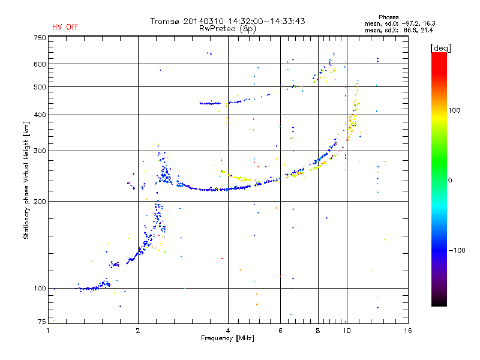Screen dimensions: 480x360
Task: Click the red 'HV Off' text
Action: [x=65, y=27]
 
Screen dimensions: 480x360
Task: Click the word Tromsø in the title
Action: [x=165, y=21]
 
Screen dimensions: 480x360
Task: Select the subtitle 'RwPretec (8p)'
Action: [x=227, y=29]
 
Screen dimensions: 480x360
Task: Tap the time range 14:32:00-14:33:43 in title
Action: [x=266, y=21]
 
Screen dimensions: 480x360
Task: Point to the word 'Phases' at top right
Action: [x=388, y=17]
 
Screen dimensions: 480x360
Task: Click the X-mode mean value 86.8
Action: [x=412, y=31]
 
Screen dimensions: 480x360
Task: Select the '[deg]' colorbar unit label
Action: [x=440, y=49]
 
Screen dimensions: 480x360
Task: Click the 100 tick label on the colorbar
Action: [x=454, y=110]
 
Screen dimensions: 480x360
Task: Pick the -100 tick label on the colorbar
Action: [x=457, y=250]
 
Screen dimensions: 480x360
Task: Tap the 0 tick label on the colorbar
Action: [x=450, y=181]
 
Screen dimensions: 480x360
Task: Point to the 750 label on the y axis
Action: [x=40, y=38]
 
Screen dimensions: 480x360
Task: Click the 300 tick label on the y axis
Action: [x=40, y=151]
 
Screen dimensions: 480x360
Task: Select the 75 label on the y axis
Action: [x=41, y=322]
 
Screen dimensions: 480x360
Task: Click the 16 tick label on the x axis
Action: [x=408, y=331]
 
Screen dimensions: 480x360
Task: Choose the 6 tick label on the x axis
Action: [x=280, y=331]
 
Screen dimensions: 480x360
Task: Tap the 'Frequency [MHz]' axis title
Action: [x=227, y=338]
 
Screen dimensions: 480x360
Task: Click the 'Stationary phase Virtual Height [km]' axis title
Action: [x=26, y=181]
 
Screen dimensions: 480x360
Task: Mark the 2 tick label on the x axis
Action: [x=138, y=331]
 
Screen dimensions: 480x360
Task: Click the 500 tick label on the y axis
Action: [x=40, y=87]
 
